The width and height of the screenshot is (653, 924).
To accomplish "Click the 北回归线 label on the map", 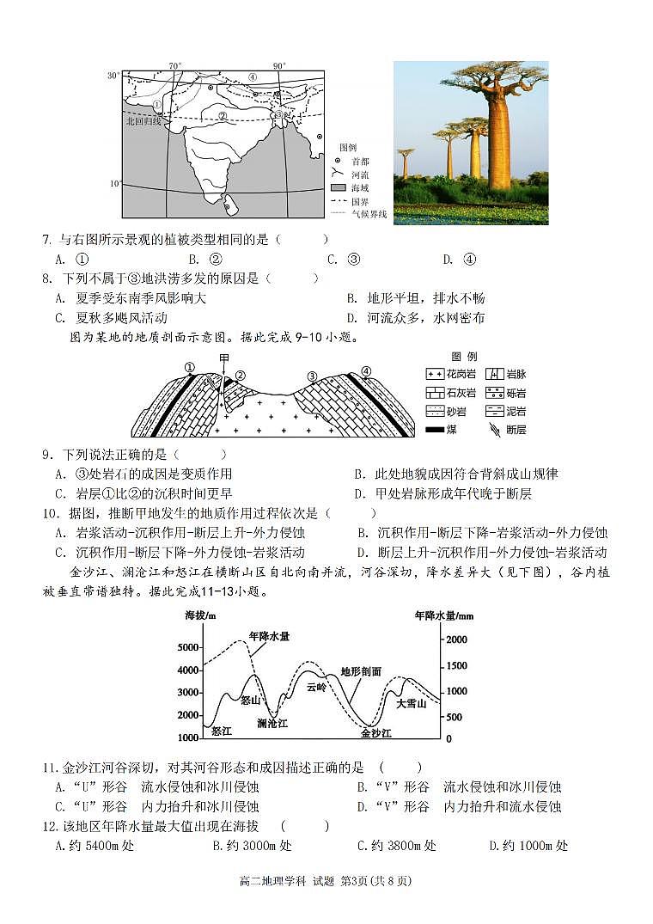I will tap(143, 121).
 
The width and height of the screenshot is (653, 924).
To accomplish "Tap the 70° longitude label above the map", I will tap(174, 66).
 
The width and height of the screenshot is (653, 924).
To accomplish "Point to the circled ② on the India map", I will tap(223, 115).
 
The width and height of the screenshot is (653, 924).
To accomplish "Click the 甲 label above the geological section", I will tap(224, 358).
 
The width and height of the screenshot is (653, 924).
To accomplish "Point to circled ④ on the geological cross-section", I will tap(367, 371).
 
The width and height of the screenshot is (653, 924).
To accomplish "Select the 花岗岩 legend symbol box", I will tap(435, 374).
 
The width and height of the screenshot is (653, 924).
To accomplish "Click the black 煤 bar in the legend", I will tap(435, 429).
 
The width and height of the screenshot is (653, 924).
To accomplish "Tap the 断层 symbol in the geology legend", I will tap(495, 429).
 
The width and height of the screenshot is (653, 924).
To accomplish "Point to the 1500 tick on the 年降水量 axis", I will tap(455, 666).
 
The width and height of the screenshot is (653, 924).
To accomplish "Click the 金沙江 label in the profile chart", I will tap(375, 733).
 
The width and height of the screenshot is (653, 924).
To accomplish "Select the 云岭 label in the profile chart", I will tap(315, 687).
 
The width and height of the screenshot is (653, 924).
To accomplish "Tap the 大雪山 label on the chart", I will tap(411, 703).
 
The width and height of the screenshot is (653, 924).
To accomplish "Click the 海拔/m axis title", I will tap(200, 616).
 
